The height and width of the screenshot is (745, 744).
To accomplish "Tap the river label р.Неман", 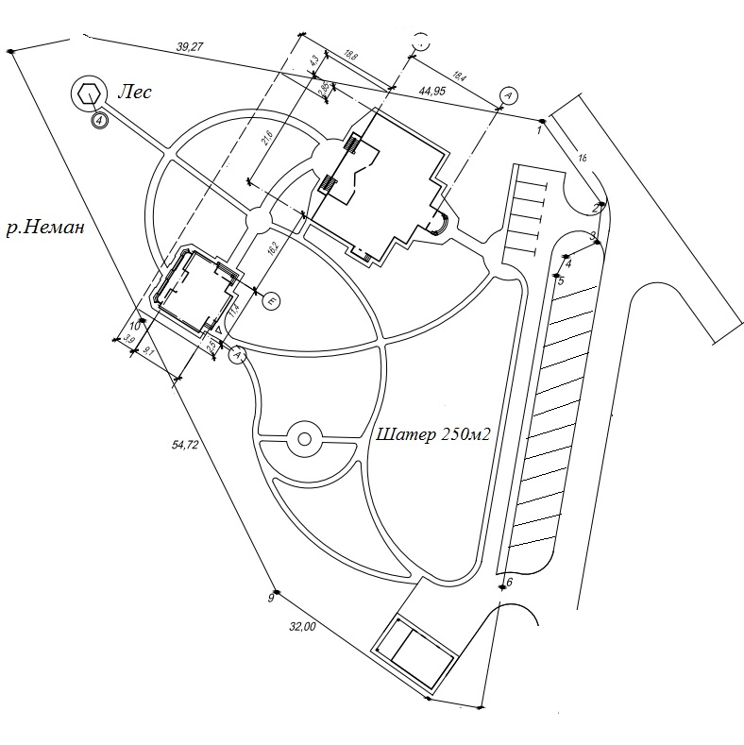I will click(x=45, y=228).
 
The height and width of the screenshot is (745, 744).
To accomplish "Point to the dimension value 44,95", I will click(x=432, y=92).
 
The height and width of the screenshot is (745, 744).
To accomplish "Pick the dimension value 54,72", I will click(x=185, y=446).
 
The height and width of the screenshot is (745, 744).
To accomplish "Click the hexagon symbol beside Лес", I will click(x=89, y=93).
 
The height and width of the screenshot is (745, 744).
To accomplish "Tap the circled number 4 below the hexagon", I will click(x=98, y=120).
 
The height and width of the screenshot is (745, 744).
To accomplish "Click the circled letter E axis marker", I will click(x=271, y=301).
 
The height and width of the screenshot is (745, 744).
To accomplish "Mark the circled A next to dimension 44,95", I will click(x=507, y=94).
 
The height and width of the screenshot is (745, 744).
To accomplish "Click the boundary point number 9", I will click(x=270, y=598).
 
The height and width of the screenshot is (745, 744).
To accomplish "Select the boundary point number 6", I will click(x=509, y=582).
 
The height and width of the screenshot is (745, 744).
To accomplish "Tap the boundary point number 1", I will click(x=538, y=130).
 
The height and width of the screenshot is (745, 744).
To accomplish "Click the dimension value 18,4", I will click(x=460, y=75).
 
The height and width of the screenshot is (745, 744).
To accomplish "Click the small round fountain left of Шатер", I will click(x=303, y=437).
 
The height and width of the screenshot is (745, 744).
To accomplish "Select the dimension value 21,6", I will click(x=267, y=140).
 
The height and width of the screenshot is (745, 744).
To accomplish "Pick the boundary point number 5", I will click(x=560, y=280).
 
